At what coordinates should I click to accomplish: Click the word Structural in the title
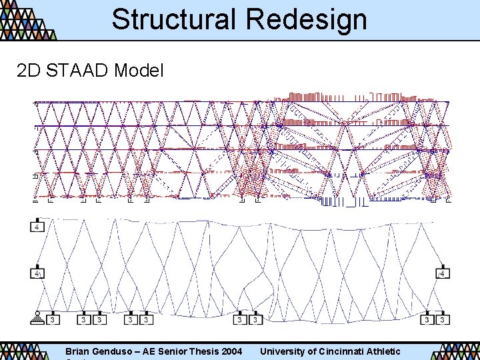[x=172, y=19]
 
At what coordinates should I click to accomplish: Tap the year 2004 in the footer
[x=231, y=351]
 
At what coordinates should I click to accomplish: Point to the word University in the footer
[x=282, y=351]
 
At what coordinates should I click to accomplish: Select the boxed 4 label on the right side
[x=442, y=273]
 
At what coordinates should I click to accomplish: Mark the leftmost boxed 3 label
[x=53, y=320]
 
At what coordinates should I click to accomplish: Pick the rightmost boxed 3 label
[x=442, y=320]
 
